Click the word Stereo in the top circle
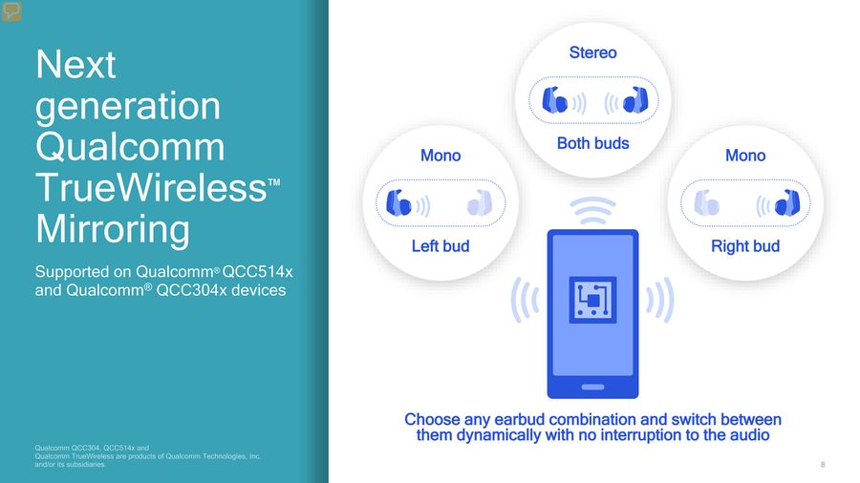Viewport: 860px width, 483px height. click(592, 52)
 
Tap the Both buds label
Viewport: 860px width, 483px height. click(592, 143)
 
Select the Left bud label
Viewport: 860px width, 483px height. click(441, 246)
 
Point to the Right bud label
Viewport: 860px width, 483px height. click(745, 246)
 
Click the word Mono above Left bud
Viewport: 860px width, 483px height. click(441, 156)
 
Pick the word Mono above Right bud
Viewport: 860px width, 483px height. click(745, 156)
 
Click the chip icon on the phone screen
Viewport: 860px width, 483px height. click(592, 300)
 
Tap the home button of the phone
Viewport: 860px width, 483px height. click(592, 388)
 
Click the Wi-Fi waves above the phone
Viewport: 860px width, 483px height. click(592, 211)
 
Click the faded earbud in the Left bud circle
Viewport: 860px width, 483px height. click(480, 203)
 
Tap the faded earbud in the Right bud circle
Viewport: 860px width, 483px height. click(707, 203)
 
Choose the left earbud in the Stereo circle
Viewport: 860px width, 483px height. click(554, 100)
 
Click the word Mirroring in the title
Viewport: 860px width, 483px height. click(113, 229)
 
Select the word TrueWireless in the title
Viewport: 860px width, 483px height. click(151, 188)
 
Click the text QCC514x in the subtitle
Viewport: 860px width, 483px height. click(257, 272)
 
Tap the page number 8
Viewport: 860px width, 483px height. click(823, 464)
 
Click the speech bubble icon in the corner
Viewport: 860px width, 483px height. click(11, 11)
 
